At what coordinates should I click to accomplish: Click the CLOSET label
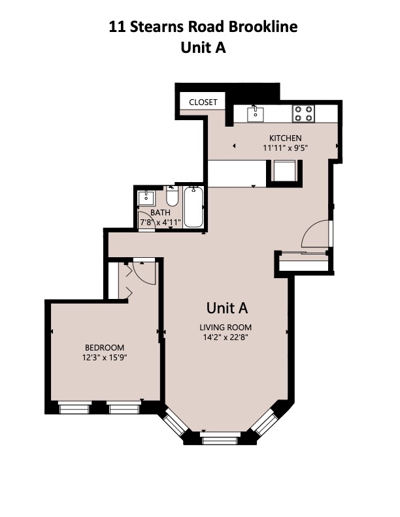click(x=203, y=102)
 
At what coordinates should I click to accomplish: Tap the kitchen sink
click(x=255, y=114)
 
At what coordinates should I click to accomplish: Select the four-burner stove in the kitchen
click(x=303, y=114)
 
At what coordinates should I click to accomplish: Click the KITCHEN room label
click(x=286, y=138)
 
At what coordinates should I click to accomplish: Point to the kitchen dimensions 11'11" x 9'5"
click(x=286, y=148)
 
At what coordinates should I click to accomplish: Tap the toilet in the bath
click(x=172, y=196)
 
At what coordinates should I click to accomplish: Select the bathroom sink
click(x=146, y=198)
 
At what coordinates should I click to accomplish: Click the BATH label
click(x=160, y=213)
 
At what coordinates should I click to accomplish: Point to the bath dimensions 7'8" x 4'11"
click(x=160, y=223)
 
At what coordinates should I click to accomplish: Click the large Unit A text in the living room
click(x=227, y=307)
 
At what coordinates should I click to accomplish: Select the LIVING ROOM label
click(x=226, y=328)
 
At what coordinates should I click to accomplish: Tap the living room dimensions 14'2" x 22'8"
click(x=226, y=338)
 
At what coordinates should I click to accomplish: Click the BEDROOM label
click(x=105, y=347)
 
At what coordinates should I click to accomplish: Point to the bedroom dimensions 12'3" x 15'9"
click(x=105, y=358)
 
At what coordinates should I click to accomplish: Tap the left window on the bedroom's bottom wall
click(x=74, y=409)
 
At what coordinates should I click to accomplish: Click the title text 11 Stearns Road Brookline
click(x=203, y=27)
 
